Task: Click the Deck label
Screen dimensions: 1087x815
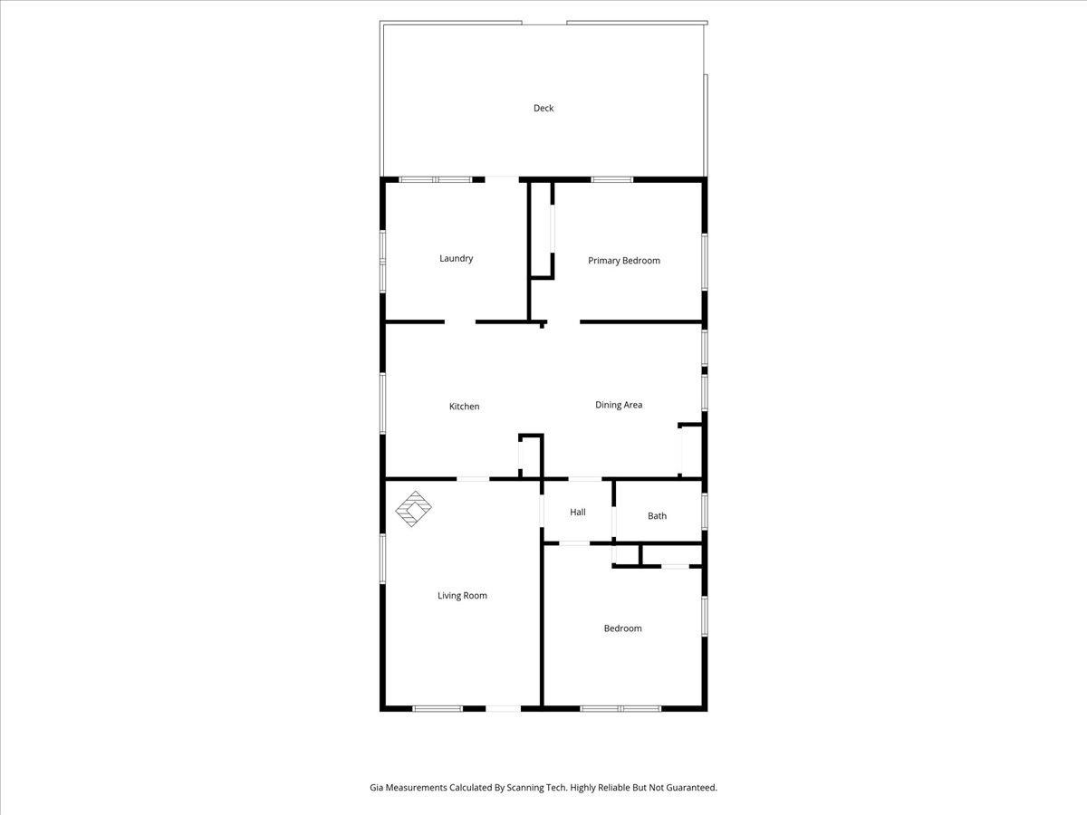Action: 543,108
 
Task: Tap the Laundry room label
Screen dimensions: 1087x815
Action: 457,258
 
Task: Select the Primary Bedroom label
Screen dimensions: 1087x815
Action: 624,260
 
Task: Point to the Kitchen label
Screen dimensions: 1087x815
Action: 464,407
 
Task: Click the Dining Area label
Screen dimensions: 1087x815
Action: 619,405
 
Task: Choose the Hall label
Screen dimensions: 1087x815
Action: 577,513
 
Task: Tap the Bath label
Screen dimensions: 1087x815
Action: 657,516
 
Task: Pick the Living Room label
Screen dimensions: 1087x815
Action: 462,596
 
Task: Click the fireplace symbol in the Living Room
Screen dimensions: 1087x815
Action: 413,509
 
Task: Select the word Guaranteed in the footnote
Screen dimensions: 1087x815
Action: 691,787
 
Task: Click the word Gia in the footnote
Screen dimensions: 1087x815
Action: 376,787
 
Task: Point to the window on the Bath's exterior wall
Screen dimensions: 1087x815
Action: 705,512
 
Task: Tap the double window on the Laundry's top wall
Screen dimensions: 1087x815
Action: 436,179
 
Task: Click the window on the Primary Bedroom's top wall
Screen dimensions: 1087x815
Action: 612,179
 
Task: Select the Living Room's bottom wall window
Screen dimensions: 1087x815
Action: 438,709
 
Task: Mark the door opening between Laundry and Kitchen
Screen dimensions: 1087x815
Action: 460,322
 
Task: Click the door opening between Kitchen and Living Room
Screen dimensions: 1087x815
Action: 473,479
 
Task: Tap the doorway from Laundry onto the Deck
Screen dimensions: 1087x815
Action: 502,179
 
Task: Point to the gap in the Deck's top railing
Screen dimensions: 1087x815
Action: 544,23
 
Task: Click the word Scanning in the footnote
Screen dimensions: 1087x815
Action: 524,787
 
